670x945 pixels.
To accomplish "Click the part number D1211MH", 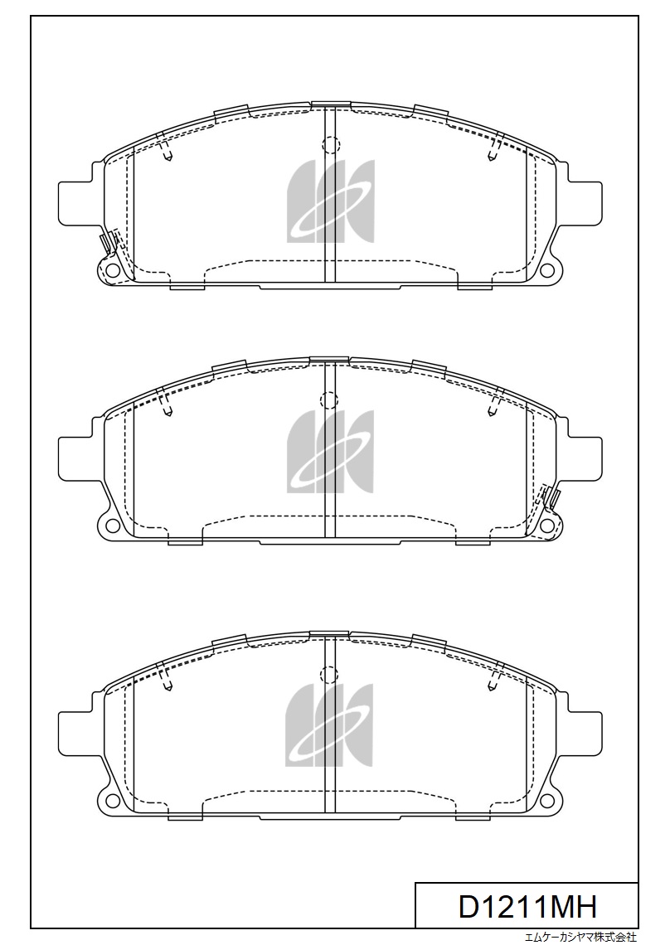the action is click(x=527, y=906).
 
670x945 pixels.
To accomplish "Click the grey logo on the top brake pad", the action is click(x=331, y=201).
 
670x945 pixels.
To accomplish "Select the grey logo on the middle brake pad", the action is click(x=330, y=453).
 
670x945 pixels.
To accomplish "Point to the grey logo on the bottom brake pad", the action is click(x=329, y=725).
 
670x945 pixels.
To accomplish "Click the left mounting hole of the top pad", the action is click(x=110, y=269).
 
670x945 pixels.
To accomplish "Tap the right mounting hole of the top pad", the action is click(x=547, y=269).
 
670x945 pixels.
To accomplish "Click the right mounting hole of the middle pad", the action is click(x=547, y=526).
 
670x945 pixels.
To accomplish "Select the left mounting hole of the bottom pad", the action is click(x=111, y=800).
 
